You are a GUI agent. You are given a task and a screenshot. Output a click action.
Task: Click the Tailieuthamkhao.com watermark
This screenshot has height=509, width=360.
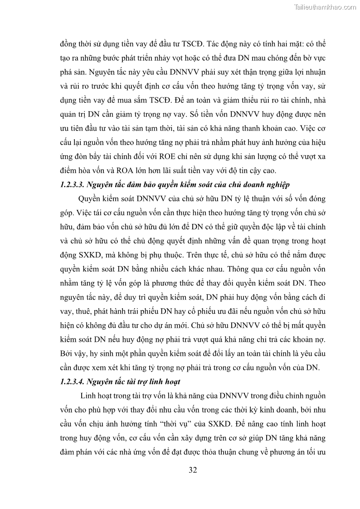[x=325, y=7]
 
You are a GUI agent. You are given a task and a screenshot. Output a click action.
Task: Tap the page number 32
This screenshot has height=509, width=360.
[x=193, y=470]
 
